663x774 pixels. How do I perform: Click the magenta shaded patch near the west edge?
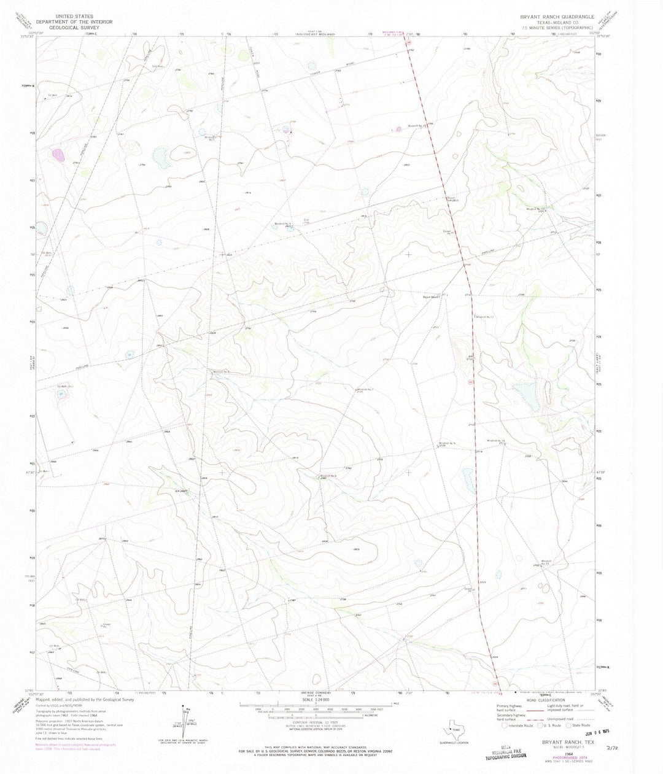(x=59, y=155)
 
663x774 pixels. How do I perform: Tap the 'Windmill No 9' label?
(x=448, y=444)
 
